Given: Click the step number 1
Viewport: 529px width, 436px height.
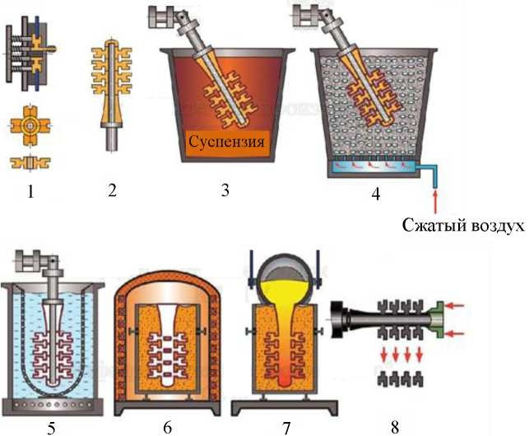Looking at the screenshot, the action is tap(30, 192).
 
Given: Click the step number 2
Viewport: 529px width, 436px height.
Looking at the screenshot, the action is tap(113, 190).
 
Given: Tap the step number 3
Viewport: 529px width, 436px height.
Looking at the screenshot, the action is tap(225, 190).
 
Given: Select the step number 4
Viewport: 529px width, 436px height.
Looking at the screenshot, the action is tap(375, 194).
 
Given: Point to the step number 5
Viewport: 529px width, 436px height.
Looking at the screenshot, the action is tap(51, 429).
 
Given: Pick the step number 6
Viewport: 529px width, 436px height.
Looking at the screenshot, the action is tap(167, 428).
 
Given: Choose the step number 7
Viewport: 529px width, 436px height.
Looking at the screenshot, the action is tap(285, 429).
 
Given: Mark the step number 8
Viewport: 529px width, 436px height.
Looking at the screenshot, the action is tap(395, 427).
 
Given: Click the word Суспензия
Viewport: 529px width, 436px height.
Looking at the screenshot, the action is tap(226, 141).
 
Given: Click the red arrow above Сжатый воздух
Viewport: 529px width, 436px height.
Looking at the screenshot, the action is tap(435, 202).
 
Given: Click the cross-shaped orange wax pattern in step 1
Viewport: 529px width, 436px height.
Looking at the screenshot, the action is tap(30, 126).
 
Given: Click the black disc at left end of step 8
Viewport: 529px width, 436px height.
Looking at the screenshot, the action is tap(336, 320).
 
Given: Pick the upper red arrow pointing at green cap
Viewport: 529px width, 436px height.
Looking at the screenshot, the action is tap(455, 306).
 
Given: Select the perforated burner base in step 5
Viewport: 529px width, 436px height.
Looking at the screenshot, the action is tap(52, 404).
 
